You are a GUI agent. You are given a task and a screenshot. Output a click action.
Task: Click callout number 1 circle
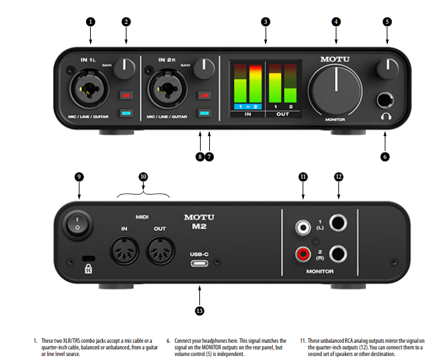point(91,21)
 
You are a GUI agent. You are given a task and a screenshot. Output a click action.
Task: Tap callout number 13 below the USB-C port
point(200,310)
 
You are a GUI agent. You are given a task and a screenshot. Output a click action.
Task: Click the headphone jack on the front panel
point(385,101)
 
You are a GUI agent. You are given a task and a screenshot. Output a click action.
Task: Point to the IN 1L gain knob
point(124,66)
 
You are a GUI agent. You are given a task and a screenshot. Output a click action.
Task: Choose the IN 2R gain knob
point(207,66)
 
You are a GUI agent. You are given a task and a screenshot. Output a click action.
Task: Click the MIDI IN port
point(123,253)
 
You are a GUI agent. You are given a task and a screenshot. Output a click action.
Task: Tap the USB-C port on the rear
point(200,263)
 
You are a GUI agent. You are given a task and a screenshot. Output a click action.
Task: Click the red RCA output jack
point(303,253)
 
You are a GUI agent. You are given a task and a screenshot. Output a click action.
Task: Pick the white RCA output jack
point(303,227)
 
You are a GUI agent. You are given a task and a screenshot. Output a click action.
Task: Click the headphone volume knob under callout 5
point(387,67)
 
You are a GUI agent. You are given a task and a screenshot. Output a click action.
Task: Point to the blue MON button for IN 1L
point(126,113)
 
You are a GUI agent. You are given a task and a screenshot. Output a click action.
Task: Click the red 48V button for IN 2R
point(205,95)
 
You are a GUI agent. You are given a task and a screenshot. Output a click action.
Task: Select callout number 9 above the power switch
point(79,177)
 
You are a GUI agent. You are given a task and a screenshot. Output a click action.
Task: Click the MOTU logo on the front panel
point(336,59)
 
